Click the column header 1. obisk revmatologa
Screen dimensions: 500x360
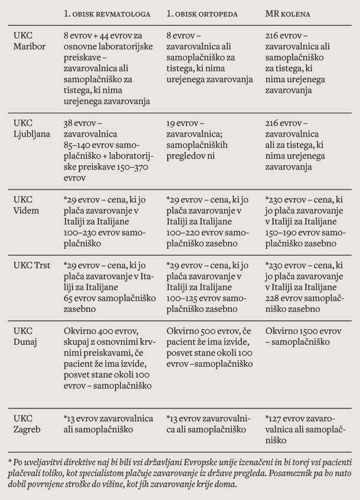click(107, 13)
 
